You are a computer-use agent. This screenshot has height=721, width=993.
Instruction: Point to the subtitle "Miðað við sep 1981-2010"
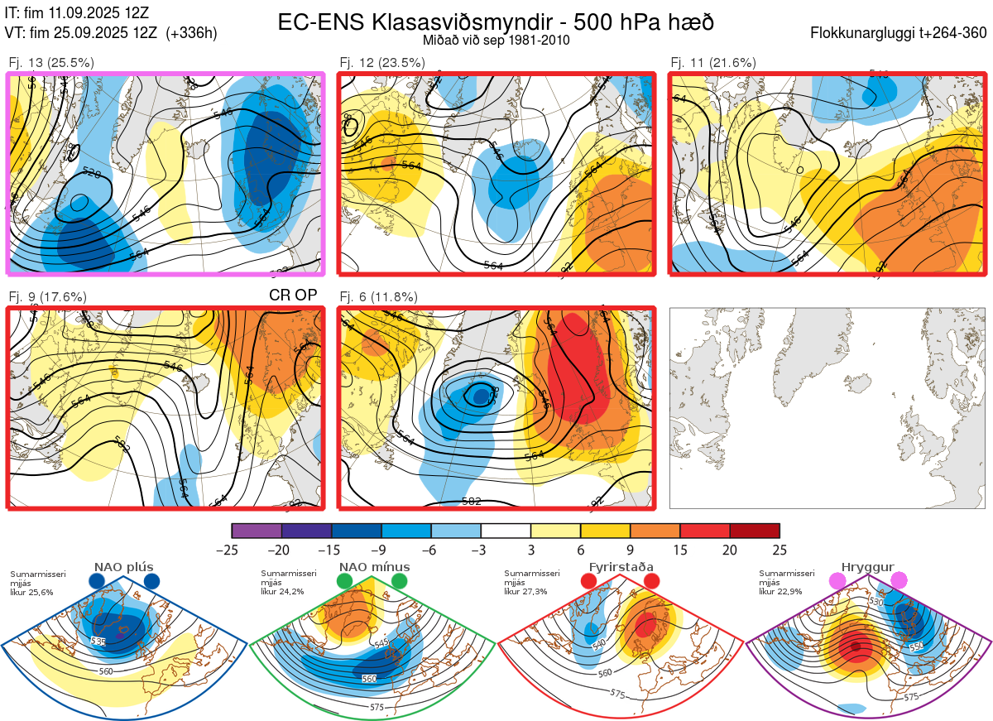click(496, 40)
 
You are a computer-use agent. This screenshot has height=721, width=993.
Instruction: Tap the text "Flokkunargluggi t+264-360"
click(901, 33)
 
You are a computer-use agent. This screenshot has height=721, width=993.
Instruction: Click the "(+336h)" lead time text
click(191, 33)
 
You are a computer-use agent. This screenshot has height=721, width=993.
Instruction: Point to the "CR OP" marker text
click(294, 296)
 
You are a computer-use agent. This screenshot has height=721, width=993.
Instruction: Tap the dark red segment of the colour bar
click(754, 531)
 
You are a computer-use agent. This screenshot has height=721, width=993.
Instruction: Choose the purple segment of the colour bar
click(257, 531)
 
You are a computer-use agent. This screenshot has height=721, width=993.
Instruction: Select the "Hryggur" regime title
click(869, 567)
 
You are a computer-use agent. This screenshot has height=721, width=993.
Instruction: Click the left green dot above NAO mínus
click(345, 582)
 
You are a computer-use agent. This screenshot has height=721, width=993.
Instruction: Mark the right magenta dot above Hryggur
click(898, 581)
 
